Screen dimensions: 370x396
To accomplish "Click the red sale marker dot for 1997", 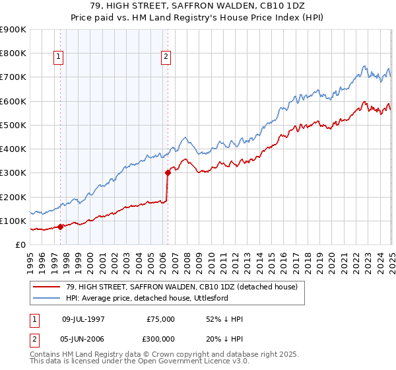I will coord(61,227).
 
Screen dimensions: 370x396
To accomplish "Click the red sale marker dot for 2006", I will coord(168,173).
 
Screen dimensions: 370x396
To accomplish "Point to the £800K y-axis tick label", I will coord(13,54).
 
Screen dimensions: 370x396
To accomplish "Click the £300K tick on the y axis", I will coord(13,173).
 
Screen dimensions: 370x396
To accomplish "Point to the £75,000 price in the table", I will coord(161,319).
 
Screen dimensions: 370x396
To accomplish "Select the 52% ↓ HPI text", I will coord(224,319).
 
